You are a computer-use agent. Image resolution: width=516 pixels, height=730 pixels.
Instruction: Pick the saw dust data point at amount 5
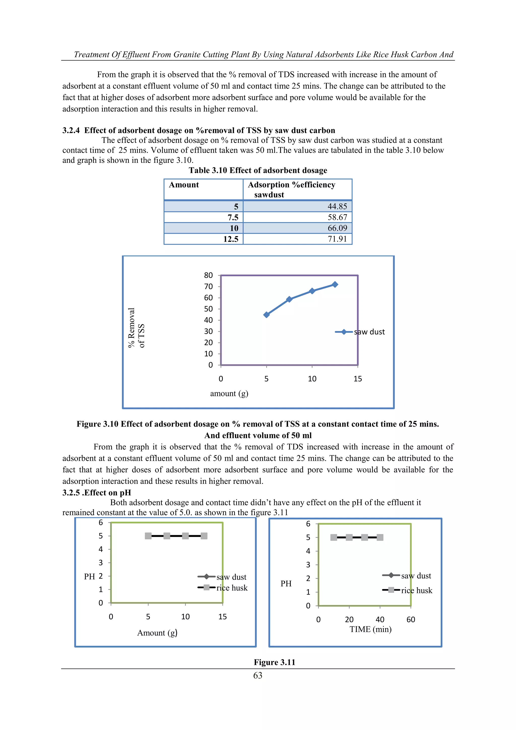[266, 315]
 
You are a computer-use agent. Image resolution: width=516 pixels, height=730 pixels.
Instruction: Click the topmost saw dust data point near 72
[335, 285]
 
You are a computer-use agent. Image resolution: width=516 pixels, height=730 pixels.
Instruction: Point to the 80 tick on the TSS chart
[208, 275]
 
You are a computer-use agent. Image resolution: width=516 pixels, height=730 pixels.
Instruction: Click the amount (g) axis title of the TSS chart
[229, 394]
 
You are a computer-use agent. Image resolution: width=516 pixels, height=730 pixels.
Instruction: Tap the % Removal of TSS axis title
[136, 328]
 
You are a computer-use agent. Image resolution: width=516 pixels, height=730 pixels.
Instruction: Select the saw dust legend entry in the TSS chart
[360, 332]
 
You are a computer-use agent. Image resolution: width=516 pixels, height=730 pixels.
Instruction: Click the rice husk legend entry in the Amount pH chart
[222, 588]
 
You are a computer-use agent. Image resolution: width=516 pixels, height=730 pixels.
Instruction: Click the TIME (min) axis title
[370, 629]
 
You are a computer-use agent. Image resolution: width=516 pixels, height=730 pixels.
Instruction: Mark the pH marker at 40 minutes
[380, 537]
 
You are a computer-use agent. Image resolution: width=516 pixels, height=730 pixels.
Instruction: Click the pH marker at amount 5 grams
[148, 536]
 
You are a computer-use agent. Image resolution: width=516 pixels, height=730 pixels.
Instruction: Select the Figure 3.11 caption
[274, 662]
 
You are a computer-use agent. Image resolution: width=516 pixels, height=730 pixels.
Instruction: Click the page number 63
[258, 675]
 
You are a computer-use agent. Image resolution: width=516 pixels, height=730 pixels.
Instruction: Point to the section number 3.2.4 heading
[71, 130]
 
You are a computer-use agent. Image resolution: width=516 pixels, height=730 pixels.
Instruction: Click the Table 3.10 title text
[258, 170]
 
